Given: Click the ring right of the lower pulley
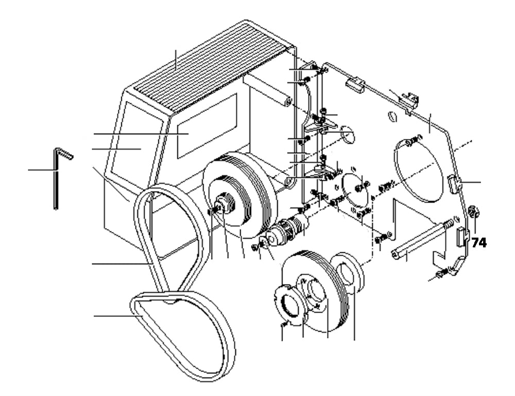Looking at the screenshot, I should point(350,273).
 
